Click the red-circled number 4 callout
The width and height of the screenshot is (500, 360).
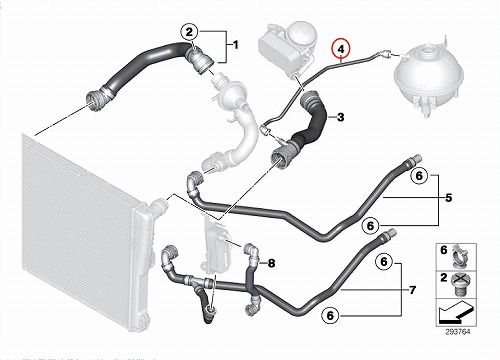point(340,49)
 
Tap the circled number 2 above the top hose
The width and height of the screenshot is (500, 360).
point(189,32)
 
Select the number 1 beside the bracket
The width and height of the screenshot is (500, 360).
point(235,45)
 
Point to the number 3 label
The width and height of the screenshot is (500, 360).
point(340,117)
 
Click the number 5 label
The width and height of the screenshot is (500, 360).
point(449,198)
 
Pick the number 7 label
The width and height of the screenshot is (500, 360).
point(413,290)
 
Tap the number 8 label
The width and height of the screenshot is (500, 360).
point(272,263)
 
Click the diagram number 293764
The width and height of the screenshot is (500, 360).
point(458,332)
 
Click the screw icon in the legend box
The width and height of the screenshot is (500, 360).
point(460,283)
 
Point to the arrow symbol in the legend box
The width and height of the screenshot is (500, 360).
point(456,312)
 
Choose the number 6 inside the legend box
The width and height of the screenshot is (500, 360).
point(443,250)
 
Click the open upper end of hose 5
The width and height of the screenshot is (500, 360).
point(417,158)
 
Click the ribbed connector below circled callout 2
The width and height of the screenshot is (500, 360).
point(200,61)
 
